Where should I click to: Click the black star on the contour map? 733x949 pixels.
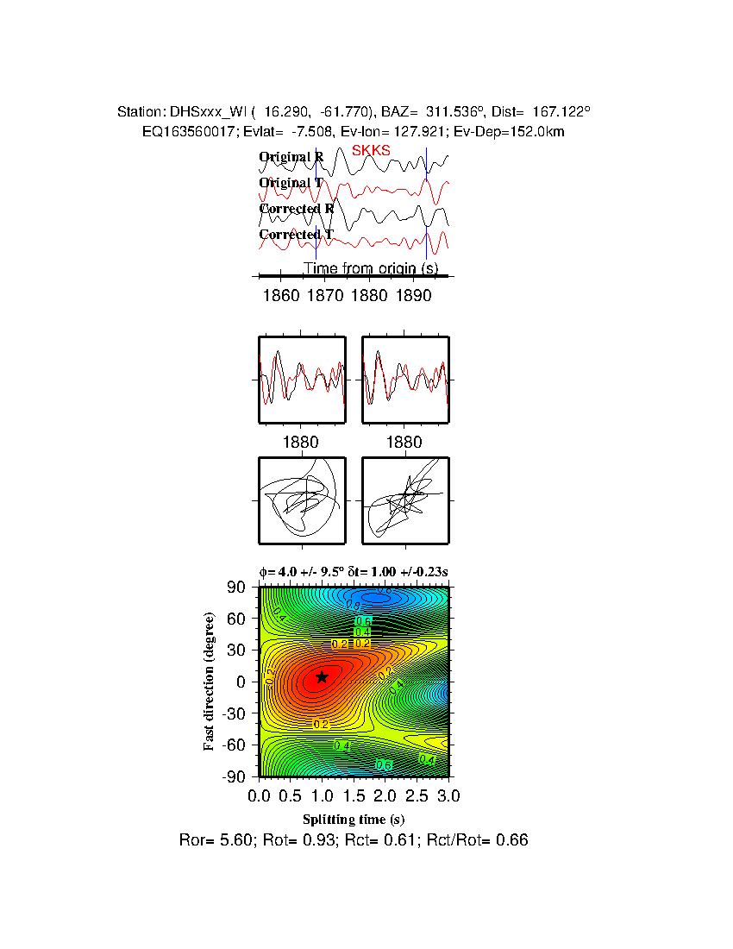tap(322, 677)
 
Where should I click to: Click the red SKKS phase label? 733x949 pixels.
tap(371, 150)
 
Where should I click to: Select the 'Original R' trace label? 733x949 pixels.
tap(291, 157)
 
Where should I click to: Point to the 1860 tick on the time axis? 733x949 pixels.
tap(282, 295)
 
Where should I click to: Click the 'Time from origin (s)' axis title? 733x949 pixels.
tap(371, 268)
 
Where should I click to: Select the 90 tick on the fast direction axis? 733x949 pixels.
tap(237, 588)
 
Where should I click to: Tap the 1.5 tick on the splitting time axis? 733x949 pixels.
tap(354, 794)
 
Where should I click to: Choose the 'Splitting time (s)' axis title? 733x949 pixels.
tap(354, 819)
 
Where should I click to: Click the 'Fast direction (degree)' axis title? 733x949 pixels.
tap(210, 682)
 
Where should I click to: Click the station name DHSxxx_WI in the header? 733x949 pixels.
tap(207, 112)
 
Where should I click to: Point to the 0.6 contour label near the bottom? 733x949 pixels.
tap(384, 764)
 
